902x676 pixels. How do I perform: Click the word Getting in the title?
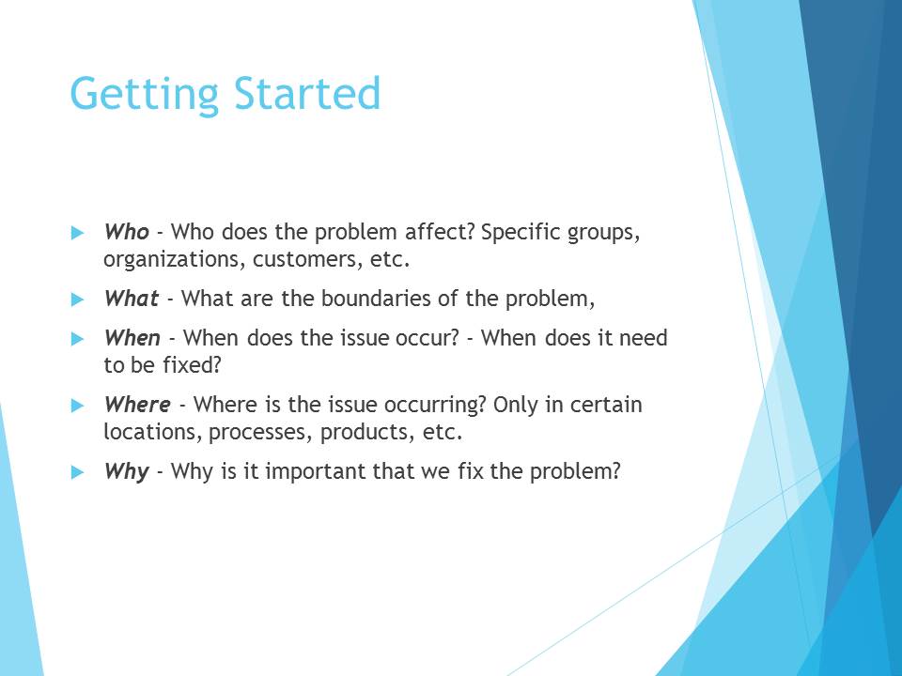(x=145, y=94)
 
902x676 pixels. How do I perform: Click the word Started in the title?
(x=307, y=93)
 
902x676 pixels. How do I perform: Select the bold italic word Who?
(x=127, y=232)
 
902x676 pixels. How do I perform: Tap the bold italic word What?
(x=132, y=299)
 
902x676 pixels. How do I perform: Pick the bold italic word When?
(x=132, y=337)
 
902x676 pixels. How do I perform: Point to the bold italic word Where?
(x=137, y=404)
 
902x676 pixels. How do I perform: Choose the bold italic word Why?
(x=127, y=472)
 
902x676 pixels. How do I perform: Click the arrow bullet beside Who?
(x=78, y=233)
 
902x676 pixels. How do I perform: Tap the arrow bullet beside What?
(x=78, y=300)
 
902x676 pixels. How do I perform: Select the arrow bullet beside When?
(x=78, y=339)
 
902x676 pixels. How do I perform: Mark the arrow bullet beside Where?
(x=78, y=406)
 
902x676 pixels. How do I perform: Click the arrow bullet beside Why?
(x=78, y=472)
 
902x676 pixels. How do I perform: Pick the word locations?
(x=152, y=432)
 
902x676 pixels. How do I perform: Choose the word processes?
(x=260, y=433)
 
